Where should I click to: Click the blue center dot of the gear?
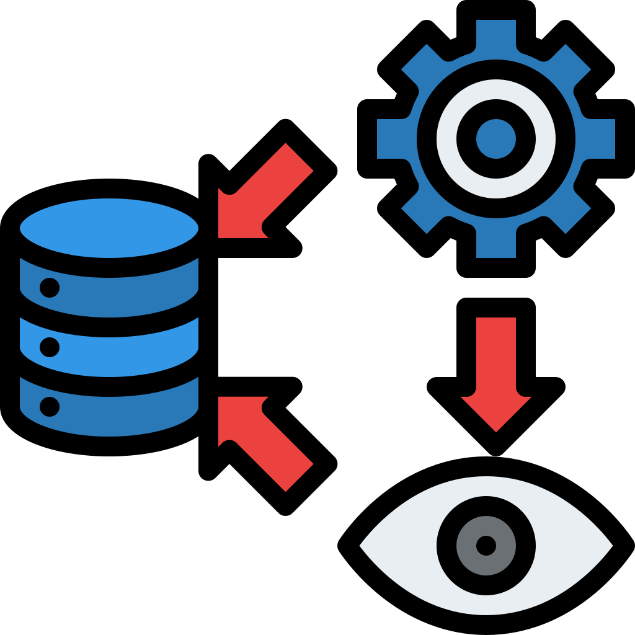pos(495,138)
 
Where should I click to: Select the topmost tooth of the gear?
pos(495,31)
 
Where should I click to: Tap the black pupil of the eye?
pos(486,546)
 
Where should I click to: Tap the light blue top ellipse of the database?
pos(109,229)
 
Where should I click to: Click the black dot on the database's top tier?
pos(49,287)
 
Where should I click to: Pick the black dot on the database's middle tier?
pos(49,346)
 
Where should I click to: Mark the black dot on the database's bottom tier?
pos(49,406)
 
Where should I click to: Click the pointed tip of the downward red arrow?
pos(495,428)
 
